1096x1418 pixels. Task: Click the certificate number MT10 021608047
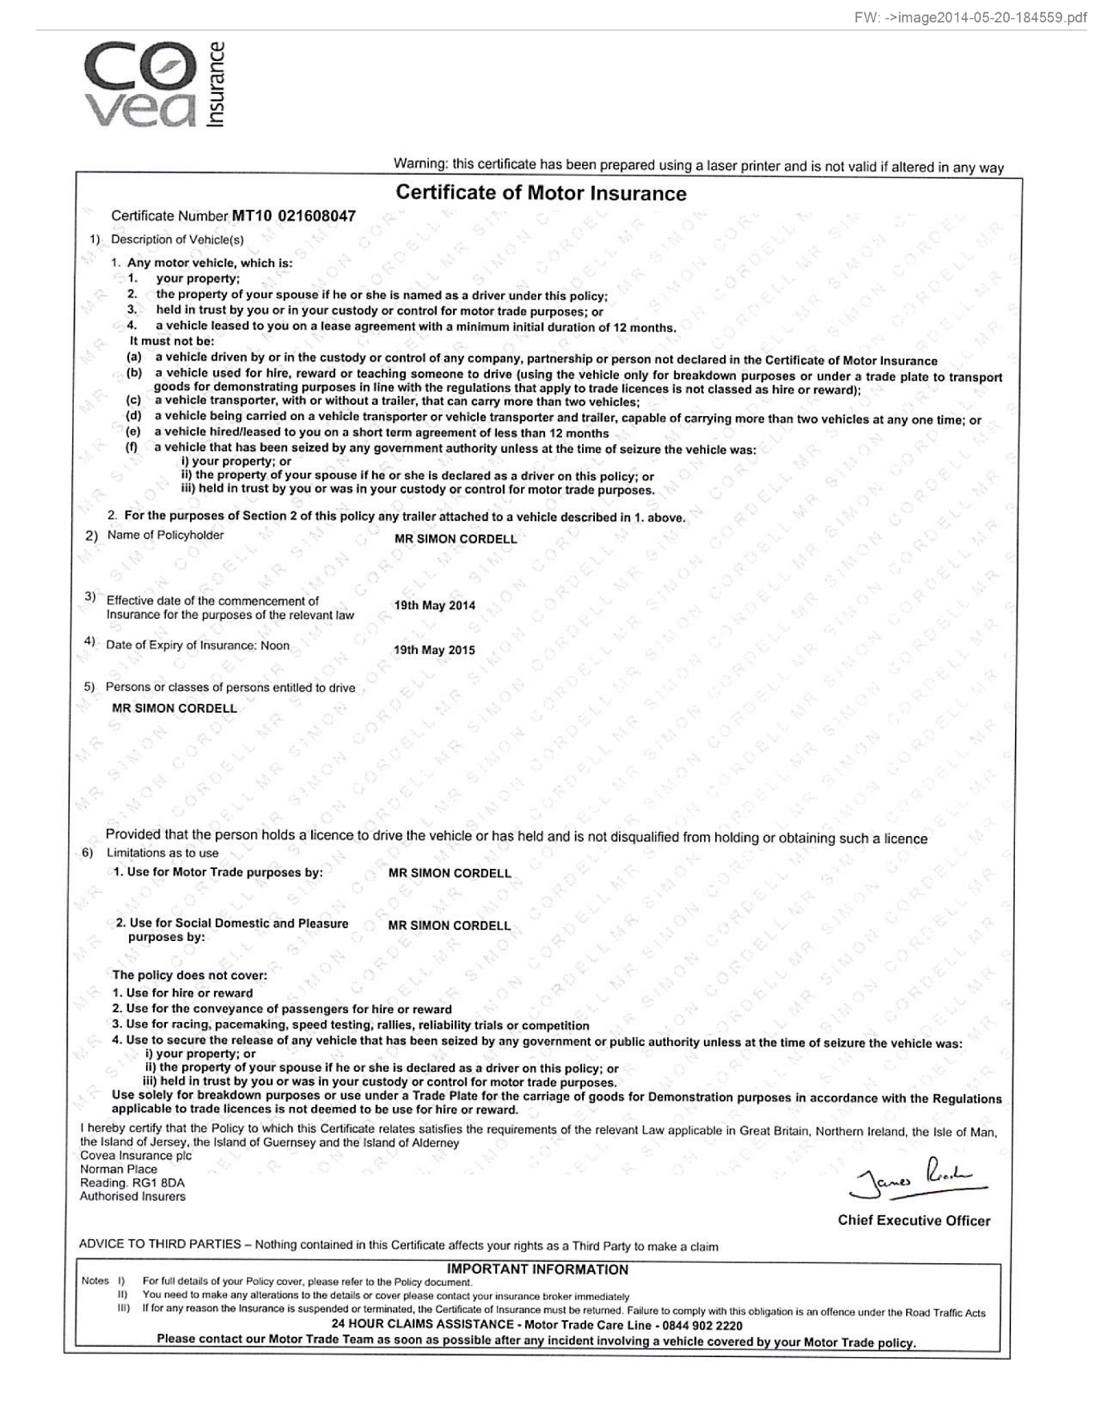pos(293,216)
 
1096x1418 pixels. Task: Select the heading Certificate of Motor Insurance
pos(541,193)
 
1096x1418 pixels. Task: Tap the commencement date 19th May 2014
pos(434,605)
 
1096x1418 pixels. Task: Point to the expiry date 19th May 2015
pos(434,650)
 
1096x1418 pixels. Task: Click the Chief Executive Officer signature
pos(917,1178)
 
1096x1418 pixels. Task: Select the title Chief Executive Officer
pos(914,1220)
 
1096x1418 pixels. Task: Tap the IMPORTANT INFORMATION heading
pos(537,1269)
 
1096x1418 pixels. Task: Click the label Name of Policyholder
pos(165,535)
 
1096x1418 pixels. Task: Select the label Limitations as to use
pos(162,853)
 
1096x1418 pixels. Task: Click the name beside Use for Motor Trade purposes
pos(449,873)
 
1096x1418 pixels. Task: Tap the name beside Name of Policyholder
pos(455,539)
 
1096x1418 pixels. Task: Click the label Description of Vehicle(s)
pos(177,239)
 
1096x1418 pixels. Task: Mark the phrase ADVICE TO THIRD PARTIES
pos(160,1244)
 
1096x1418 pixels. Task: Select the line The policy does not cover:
pos(189,975)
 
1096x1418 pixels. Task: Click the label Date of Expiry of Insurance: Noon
pos(197,644)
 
